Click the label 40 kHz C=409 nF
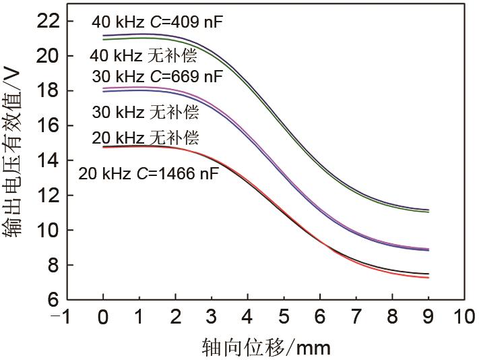157,22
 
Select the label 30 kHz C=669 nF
157,76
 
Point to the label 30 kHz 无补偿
145,111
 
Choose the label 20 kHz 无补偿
145,139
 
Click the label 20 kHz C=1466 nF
148,174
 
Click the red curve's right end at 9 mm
428,278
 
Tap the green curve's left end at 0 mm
103,39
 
